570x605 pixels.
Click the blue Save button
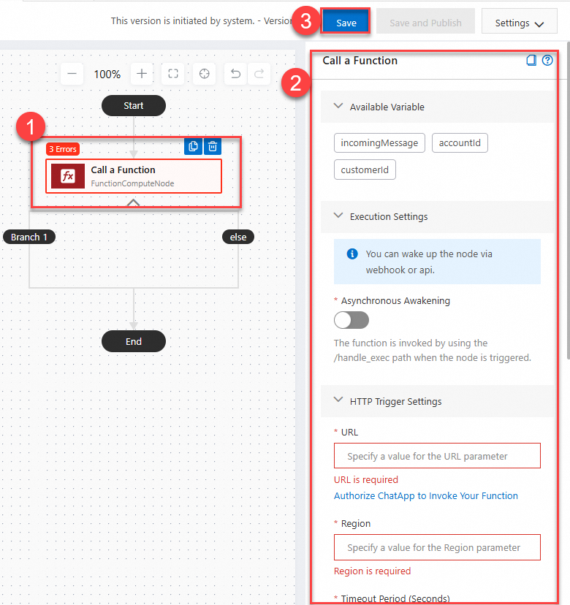coord(346,23)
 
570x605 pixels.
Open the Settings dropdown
coord(519,23)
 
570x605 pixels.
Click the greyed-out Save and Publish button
coord(425,23)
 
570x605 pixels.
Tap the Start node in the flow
coord(134,106)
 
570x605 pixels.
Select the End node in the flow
coord(134,341)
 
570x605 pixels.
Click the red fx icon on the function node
coord(68,176)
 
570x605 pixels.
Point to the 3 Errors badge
coord(63,149)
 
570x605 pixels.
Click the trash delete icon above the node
coord(212,146)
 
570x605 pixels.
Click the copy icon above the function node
coord(193,146)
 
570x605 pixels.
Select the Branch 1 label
coord(29,237)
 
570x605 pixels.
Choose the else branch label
coord(238,237)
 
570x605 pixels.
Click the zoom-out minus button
coord(72,74)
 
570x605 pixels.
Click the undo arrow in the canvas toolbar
coord(235,74)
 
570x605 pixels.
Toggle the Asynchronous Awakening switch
coord(351,320)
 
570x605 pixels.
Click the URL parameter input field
coord(437,456)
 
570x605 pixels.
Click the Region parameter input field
coord(437,547)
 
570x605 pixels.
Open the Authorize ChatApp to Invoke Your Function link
coord(426,495)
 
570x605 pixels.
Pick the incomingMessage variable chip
coord(379,143)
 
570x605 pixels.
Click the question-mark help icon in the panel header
coord(547,61)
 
